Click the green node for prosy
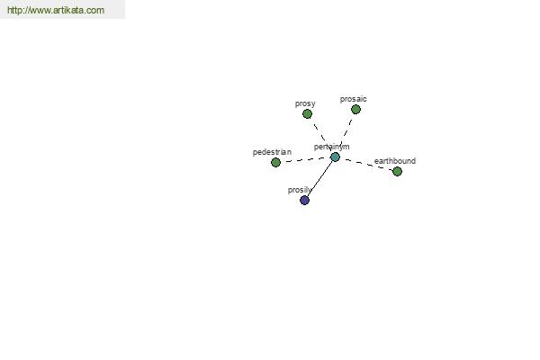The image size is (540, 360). [x=307, y=113]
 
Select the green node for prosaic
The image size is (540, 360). [x=355, y=110]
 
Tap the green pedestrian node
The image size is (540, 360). [x=275, y=162]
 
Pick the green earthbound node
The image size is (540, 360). [x=397, y=171]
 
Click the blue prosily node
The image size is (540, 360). [x=304, y=200]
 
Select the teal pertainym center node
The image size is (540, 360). [x=335, y=157]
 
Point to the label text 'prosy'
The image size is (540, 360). [x=305, y=103]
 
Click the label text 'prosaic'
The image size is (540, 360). [x=354, y=99]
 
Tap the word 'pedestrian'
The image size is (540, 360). [x=272, y=152]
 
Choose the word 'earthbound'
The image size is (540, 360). [x=395, y=161]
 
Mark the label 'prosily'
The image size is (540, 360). [x=300, y=190]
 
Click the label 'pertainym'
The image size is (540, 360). [x=331, y=147]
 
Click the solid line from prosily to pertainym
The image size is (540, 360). [x=319, y=178]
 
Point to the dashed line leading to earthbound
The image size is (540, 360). [x=368, y=165]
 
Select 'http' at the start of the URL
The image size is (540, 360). [x=13, y=10]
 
